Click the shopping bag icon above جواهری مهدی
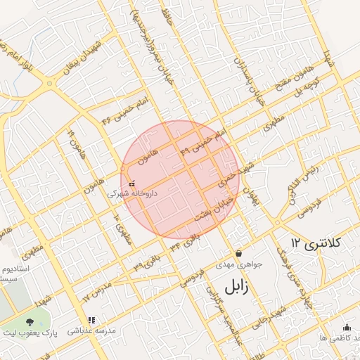239,254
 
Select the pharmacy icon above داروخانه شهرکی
131,184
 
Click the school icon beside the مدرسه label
73,329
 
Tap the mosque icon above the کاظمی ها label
346,327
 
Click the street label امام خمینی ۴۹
205,141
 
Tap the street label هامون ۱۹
76,143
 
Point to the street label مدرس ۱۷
97,292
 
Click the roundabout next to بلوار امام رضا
49,83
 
